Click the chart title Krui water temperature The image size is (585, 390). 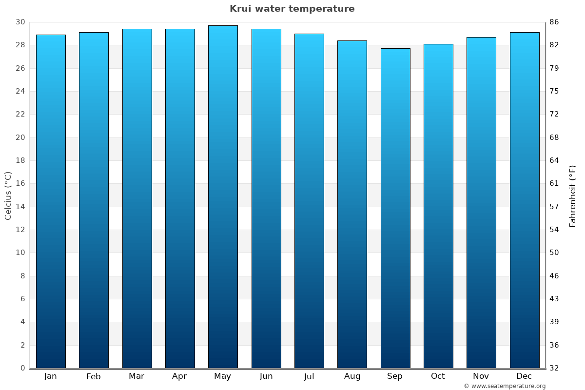pos(292,9)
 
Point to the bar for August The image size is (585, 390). pos(352,204)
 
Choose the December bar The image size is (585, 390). pos(525,200)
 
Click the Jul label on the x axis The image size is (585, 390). pos(309,376)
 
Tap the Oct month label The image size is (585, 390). pos(438,376)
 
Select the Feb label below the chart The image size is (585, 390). pos(94,376)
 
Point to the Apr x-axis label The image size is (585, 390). pos(179,376)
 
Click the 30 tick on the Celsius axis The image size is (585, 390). pos(20,22)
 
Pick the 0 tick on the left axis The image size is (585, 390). pos(22,368)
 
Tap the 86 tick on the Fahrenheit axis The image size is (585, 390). pos(554,22)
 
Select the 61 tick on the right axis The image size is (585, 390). pos(554,184)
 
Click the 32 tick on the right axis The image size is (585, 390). pos(554,368)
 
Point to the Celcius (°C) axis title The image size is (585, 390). pos(8,195)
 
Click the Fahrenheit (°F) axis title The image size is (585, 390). pos(573,195)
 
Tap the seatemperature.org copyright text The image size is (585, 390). pos(505,386)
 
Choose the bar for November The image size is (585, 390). pos(481,202)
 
